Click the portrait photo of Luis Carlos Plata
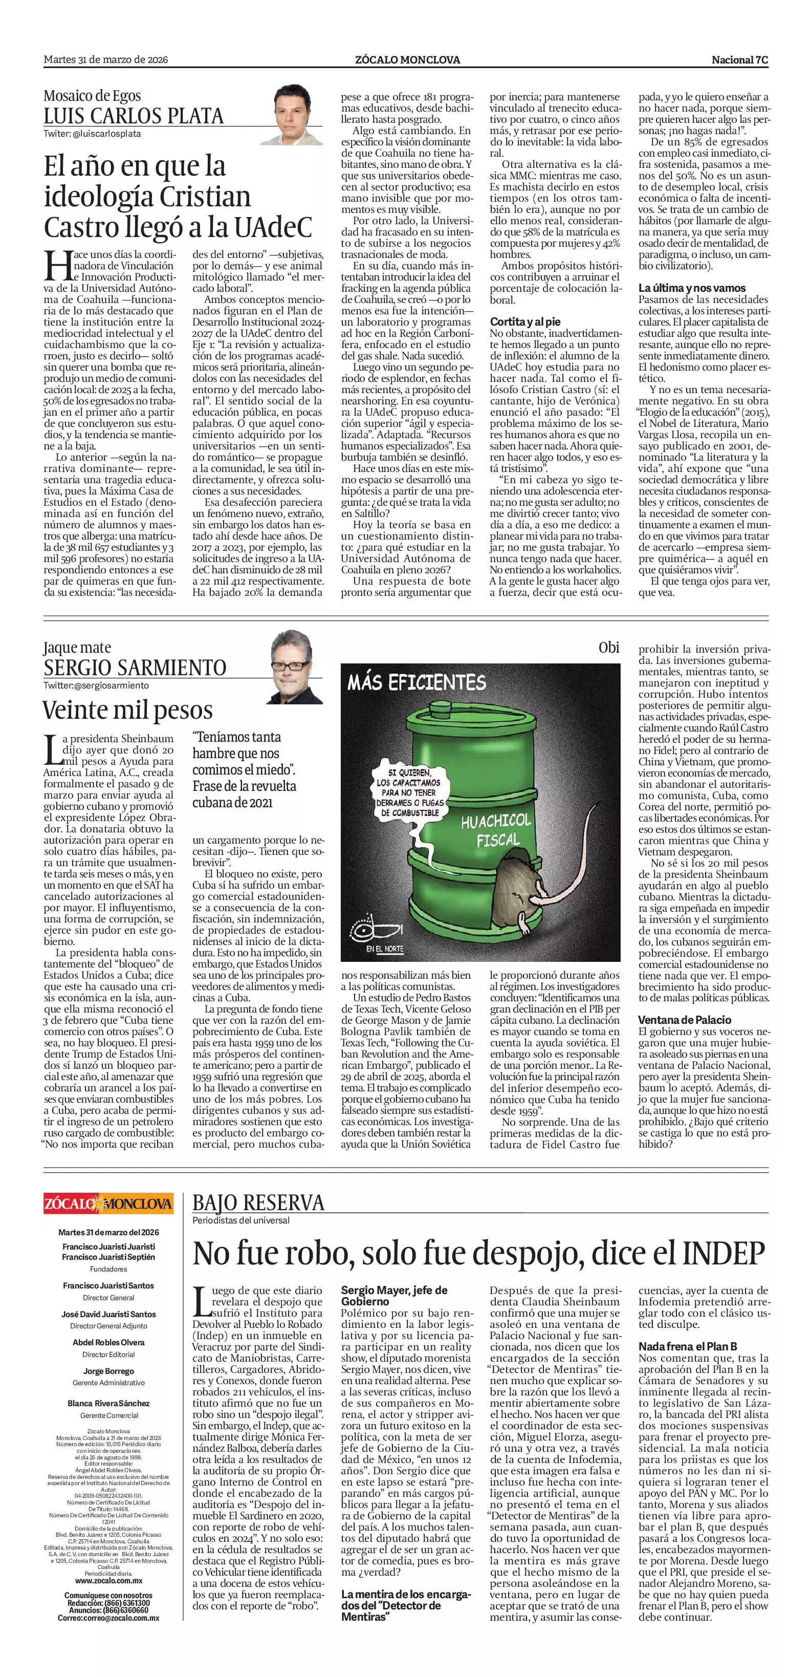pyautogui.click(x=297, y=115)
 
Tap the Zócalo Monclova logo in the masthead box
pyautogui.click(x=108, y=1202)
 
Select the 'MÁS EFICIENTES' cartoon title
pyautogui.click(x=416, y=682)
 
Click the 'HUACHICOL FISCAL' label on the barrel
pyautogui.click(x=496, y=829)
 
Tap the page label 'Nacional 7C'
pyautogui.click(x=740, y=60)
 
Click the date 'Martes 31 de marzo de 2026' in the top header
pyautogui.click(x=106, y=60)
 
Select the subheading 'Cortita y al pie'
pyautogui.click(x=525, y=321)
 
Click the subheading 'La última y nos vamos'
pyautogui.click(x=692, y=288)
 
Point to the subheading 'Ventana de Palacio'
pyautogui.click(x=685, y=1020)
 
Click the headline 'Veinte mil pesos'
pyautogui.click(x=127, y=710)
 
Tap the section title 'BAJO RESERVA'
pyautogui.click(x=258, y=1202)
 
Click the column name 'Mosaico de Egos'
pyautogui.click(x=93, y=96)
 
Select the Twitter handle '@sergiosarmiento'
pyautogui.click(x=96, y=685)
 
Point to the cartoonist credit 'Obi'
pyautogui.click(x=608, y=648)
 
